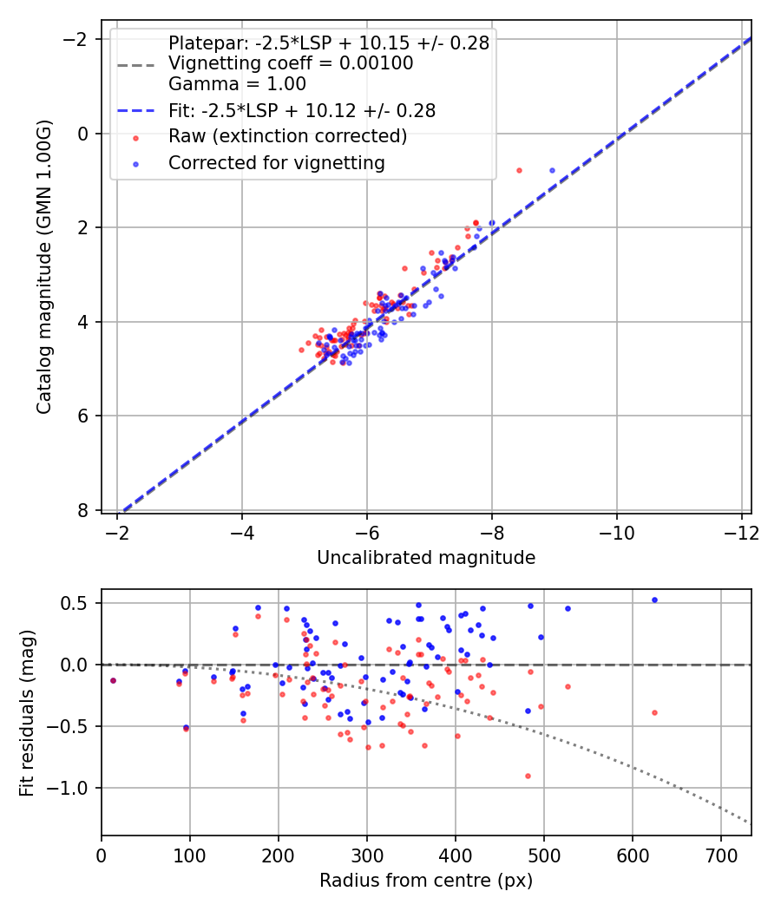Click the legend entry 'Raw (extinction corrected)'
287,136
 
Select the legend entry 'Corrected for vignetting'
277,162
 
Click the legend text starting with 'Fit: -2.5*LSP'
302,110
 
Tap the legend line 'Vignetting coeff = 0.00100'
291,63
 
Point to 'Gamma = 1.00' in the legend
237,84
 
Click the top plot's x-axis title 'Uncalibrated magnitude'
426,558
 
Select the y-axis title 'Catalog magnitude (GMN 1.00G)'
45,267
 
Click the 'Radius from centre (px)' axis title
426,881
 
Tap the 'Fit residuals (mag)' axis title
27,712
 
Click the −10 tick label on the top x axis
617,531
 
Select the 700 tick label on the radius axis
633,854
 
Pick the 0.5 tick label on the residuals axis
82,603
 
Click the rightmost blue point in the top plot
552,170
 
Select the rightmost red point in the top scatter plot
519,170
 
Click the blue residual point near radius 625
654,600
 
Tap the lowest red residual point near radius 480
528,776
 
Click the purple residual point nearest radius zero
113,680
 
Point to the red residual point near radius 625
654,712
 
